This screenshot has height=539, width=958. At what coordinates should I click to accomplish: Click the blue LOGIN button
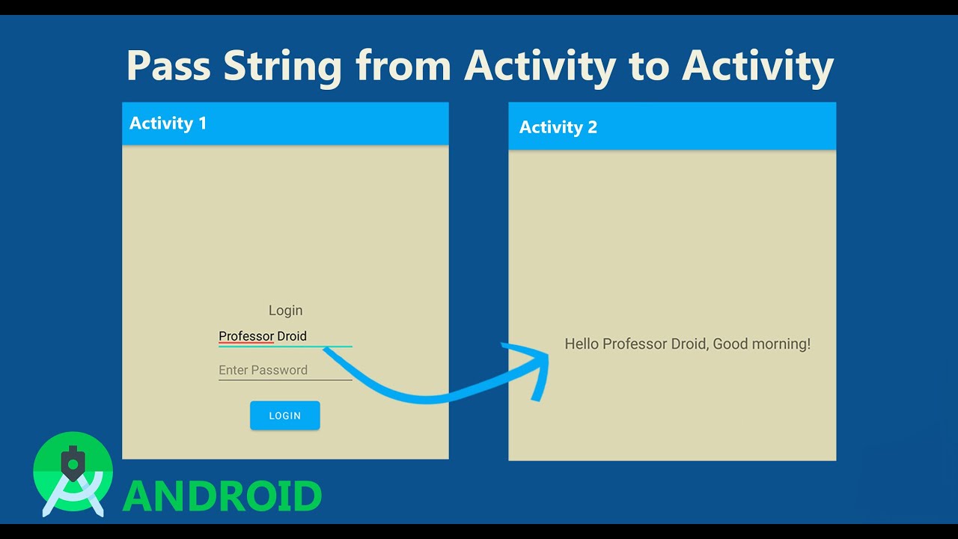pos(284,415)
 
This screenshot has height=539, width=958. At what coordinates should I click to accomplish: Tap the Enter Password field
pos(263,370)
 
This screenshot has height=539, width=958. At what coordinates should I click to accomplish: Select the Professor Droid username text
pos(263,336)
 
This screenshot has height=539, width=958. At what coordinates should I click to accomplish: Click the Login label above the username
pos(285,310)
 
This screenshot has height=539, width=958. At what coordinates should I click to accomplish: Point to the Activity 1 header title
pos(168,124)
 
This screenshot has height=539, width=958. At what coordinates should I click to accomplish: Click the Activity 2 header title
pos(558,127)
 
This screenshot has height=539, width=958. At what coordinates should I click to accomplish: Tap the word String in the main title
pos(282,66)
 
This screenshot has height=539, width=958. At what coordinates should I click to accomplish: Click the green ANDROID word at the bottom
pos(222,496)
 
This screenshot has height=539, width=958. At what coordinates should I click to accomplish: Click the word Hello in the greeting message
pos(582,344)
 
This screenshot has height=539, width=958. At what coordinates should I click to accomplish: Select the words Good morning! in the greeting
pos(761,344)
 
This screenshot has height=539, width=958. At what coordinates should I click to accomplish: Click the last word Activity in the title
pos(757,66)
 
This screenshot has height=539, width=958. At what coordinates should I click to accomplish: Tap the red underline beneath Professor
pos(246,344)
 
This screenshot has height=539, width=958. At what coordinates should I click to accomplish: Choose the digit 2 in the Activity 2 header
pos(592,127)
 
